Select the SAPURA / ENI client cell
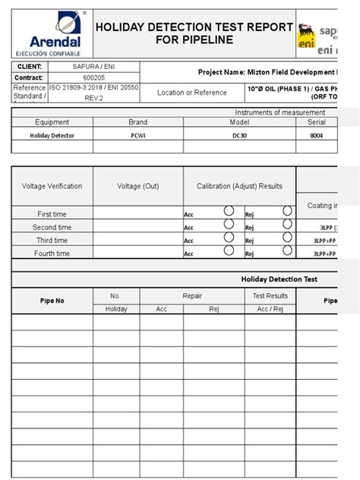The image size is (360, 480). coord(93,67)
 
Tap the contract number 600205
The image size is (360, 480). coord(93,77)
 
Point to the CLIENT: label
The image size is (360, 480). coord(30,67)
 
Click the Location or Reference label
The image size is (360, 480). coord(191,93)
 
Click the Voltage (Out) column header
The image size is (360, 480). coord(138,186)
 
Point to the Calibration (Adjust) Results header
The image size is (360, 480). coord(239,186)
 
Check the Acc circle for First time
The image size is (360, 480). coord(229,211)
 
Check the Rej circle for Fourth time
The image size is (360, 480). coord(287,251)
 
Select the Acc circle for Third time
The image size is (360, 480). coord(229,238)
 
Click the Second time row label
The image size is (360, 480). coord(52,227)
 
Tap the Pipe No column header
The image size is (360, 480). coord(52,301)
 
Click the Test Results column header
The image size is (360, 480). coord(270,296)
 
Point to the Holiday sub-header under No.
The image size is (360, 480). coord(115,309)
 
